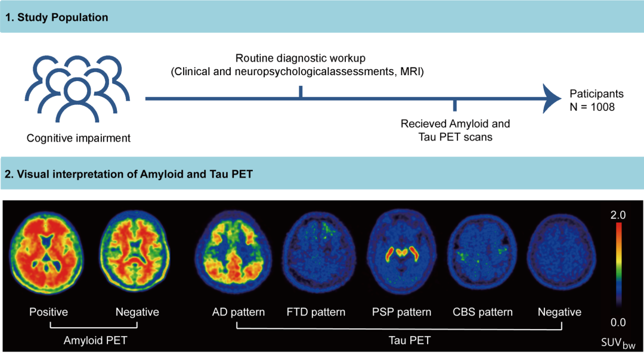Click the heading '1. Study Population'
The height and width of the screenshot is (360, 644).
57,17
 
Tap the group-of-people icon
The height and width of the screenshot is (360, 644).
77,89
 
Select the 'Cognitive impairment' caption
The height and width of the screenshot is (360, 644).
79,138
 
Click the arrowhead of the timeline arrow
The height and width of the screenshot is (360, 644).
552,98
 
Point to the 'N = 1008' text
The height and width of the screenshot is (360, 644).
592,107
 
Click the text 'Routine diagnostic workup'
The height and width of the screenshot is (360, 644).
300,58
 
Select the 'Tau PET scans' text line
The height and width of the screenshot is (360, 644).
455,137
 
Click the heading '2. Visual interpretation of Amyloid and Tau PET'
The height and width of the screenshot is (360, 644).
129,174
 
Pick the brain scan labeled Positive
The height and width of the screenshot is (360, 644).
47,253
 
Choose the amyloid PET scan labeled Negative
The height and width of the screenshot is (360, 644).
135,250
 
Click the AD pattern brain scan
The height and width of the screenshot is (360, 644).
233,251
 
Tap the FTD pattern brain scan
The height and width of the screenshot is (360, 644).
319,251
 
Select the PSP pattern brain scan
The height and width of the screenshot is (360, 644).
402,251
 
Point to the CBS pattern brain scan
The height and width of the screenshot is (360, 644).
481,251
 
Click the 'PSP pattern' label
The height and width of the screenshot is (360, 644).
402,312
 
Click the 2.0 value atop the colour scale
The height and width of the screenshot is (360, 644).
618,215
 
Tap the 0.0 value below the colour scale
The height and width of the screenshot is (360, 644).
618,322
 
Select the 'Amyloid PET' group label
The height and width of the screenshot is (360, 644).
95,340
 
